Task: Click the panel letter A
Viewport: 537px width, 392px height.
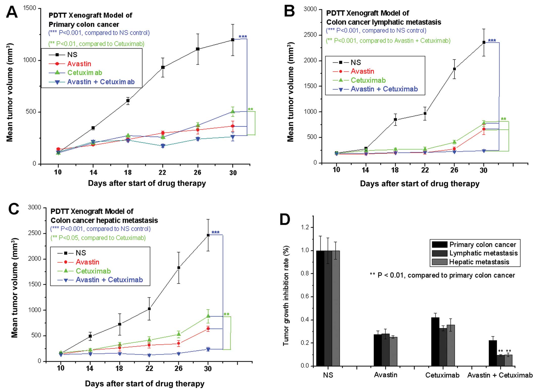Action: point(12,12)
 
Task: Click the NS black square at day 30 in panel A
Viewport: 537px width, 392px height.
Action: point(232,40)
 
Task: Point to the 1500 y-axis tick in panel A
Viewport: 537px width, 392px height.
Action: point(30,8)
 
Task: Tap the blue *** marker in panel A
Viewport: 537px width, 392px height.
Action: point(243,37)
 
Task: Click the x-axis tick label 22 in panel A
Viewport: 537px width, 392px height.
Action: point(162,172)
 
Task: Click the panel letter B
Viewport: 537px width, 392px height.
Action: point(289,11)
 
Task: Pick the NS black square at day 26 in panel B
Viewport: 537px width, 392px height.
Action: point(454,69)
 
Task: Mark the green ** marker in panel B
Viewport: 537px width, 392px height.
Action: point(503,119)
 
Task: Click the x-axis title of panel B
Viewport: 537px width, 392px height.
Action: point(419,184)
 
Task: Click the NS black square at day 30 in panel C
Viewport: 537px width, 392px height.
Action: point(208,235)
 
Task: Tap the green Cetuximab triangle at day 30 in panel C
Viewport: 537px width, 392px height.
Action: point(208,316)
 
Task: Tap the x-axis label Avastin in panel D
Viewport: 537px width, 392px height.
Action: point(385,375)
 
